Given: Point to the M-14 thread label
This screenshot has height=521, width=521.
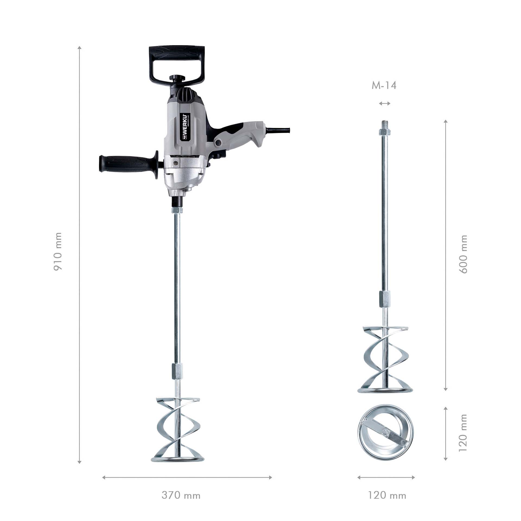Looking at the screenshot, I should click(x=384, y=85).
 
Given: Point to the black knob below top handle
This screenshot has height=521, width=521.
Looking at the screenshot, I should click(x=177, y=78).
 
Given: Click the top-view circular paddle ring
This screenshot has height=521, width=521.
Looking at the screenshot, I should click(x=385, y=434).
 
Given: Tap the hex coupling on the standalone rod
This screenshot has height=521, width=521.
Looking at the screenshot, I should click(x=385, y=299).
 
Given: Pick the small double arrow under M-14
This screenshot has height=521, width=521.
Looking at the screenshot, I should click(x=385, y=103).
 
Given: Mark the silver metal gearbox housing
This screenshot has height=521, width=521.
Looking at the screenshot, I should click(x=185, y=176).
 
